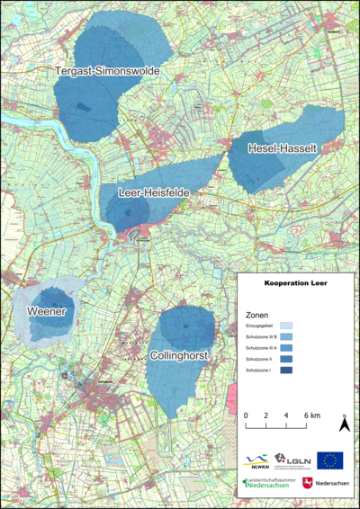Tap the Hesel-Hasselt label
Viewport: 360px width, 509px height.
click(275, 150)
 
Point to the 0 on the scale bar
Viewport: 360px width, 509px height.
click(247, 415)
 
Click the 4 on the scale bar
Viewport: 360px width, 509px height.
click(286, 415)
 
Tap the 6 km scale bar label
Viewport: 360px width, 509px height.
click(310, 415)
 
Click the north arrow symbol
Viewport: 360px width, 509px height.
click(345, 424)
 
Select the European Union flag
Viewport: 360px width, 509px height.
click(329, 460)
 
